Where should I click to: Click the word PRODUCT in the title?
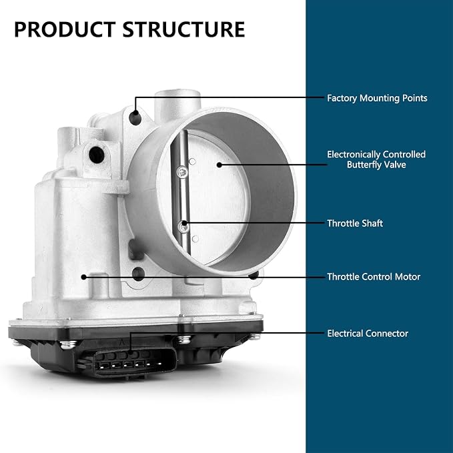click(x=65, y=29)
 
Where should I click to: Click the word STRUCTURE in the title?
click(x=183, y=29)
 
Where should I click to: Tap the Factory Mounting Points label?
click(x=377, y=98)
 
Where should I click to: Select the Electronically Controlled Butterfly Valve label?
click(x=376, y=159)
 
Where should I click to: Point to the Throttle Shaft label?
click(x=355, y=223)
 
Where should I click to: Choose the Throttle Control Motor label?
click(x=374, y=277)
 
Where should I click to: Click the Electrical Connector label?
click(x=368, y=334)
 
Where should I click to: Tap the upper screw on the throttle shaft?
click(x=182, y=173)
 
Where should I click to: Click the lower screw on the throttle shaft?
click(x=183, y=226)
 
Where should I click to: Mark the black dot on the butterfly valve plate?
click(x=219, y=165)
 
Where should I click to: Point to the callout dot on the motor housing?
click(x=84, y=277)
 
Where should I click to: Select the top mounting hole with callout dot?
click(x=135, y=118)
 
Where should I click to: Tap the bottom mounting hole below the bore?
click(x=138, y=274)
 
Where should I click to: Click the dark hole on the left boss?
click(x=97, y=155)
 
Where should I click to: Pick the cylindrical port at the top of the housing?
click(x=177, y=105)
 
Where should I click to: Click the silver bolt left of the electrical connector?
click(x=69, y=344)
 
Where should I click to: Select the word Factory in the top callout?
click(x=342, y=98)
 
